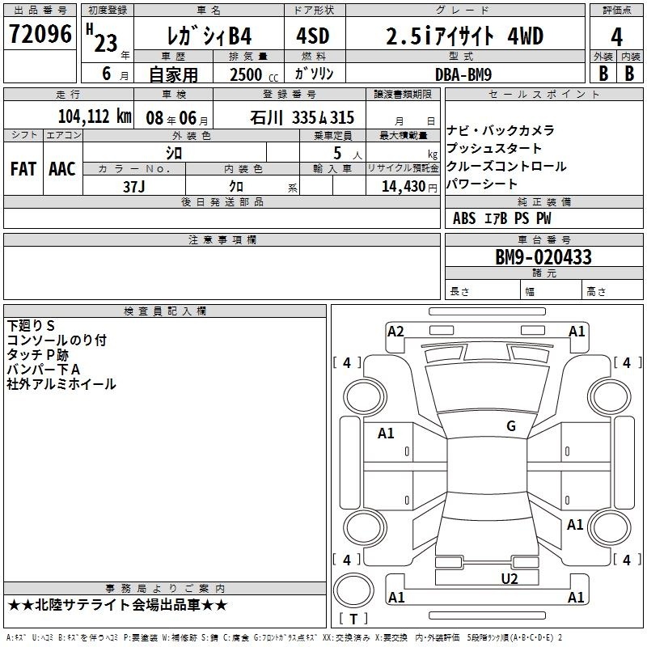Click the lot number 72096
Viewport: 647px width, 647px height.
pyautogui.click(x=40, y=34)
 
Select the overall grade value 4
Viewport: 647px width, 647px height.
pyautogui.click(x=616, y=36)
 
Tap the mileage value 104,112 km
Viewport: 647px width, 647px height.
pyautogui.click(x=95, y=116)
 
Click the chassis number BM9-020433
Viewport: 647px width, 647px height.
pyautogui.click(x=543, y=257)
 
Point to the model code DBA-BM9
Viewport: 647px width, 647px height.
pyautogui.click(x=463, y=74)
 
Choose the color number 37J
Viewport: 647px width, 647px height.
pyautogui.click(x=133, y=187)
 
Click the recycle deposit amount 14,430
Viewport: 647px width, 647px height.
pyautogui.click(x=403, y=187)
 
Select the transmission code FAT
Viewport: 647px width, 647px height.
pyautogui.click(x=23, y=169)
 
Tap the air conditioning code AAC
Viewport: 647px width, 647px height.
pyautogui.click(x=62, y=169)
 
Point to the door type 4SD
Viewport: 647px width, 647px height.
pyautogui.click(x=313, y=36)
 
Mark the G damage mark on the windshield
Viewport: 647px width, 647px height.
pyautogui.click(x=511, y=426)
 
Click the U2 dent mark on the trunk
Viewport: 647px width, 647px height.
pyautogui.click(x=510, y=579)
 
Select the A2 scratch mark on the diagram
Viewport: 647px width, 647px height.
pyautogui.click(x=395, y=332)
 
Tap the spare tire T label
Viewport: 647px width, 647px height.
pyautogui.click(x=353, y=619)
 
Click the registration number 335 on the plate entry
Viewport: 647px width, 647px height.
pyautogui.click(x=304, y=118)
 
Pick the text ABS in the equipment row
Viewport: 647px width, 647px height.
pyautogui.click(x=464, y=218)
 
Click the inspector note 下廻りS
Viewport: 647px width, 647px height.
pyautogui.click(x=31, y=326)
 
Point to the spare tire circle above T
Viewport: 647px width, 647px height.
pyautogui.click(x=353, y=590)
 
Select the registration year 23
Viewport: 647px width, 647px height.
pyautogui.click(x=106, y=44)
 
